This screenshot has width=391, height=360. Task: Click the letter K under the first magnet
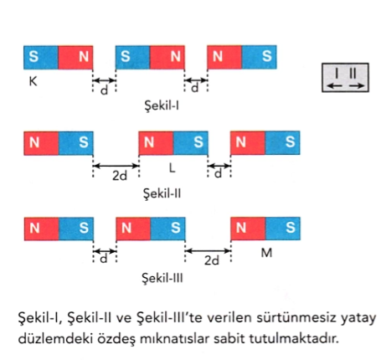[x=33, y=81]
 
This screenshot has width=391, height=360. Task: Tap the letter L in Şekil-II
[x=172, y=167]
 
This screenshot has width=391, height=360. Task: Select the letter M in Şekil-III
[x=266, y=253]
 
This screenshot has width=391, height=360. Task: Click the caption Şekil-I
[x=162, y=105]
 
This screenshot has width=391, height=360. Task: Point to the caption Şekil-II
[x=162, y=193]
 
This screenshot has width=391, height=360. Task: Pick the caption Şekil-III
[x=162, y=278]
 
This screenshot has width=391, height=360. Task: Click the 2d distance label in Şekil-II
[x=120, y=176]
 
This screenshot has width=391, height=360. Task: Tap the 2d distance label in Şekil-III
[x=212, y=260]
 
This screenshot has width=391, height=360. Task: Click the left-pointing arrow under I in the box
[x=334, y=86]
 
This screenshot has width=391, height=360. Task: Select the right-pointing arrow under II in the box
[x=357, y=86]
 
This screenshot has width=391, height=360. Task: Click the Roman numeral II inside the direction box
[x=352, y=74]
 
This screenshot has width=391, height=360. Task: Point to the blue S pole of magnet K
[x=41, y=57]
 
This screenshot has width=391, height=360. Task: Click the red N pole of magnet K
[x=75, y=57]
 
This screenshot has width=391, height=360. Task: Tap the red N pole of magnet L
[x=156, y=143]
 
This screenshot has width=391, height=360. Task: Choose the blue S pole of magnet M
[x=283, y=229]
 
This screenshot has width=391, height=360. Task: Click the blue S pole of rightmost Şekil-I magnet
[x=259, y=57]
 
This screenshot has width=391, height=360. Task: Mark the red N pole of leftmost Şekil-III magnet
[x=42, y=229]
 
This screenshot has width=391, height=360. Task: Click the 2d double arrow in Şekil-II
[x=116, y=166]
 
